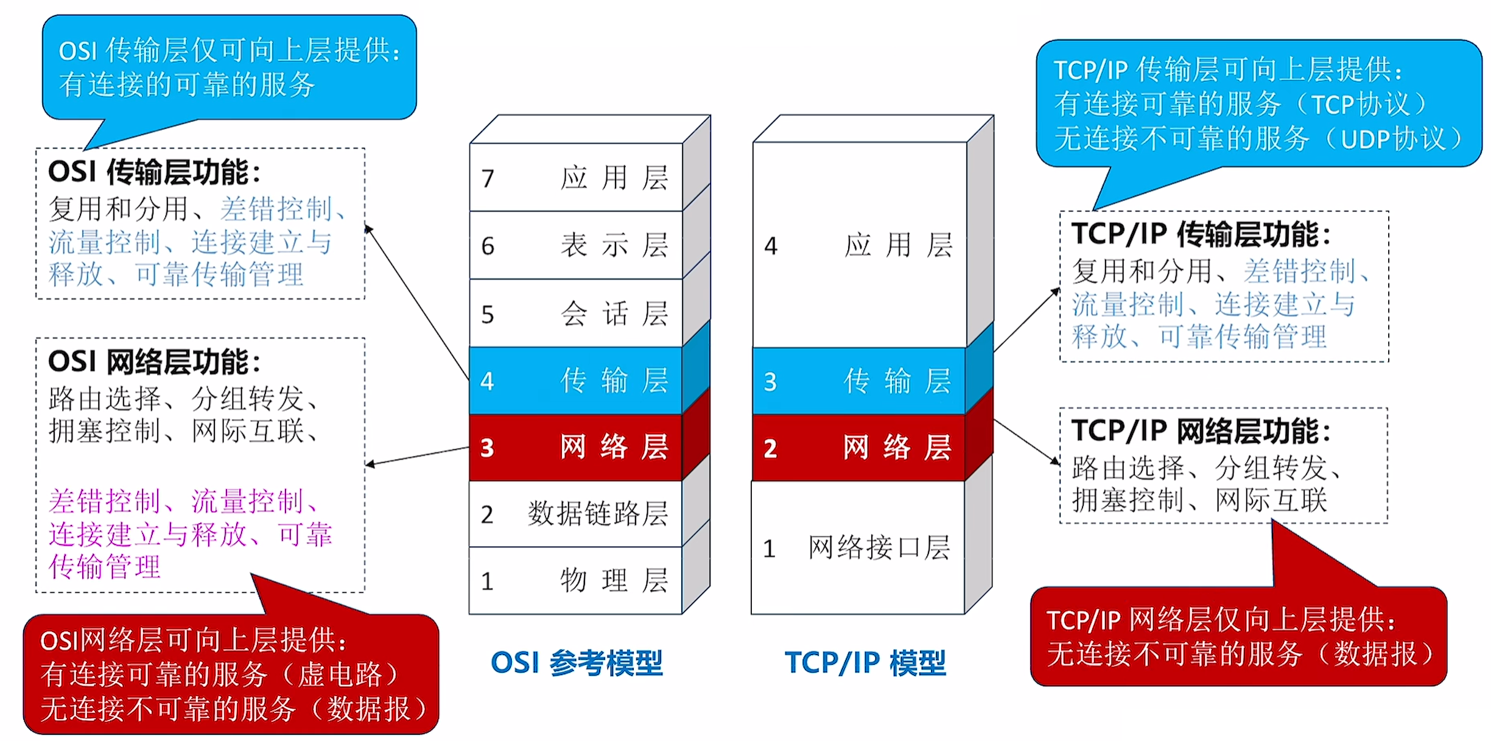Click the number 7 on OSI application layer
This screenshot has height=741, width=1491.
pos(488,178)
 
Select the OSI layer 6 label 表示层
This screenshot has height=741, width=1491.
pos(614,245)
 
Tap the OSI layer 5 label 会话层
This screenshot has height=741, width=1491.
pos(614,314)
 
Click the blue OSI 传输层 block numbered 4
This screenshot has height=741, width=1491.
pos(575,381)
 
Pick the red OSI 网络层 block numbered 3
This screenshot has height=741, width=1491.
pos(575,448)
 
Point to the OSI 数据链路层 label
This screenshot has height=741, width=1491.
pos(598,514)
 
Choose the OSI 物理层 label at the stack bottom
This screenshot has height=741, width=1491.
pos(614,580)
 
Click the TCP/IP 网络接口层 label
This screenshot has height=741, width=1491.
pos(879,547)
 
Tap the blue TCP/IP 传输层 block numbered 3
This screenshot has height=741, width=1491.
pos(858,381)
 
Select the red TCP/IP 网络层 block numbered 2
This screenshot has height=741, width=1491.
pos(858,448)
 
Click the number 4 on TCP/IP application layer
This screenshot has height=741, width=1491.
pos(771,246)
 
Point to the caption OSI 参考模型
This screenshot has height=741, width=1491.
pos(577,662)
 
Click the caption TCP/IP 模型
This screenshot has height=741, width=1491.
pos(865,662)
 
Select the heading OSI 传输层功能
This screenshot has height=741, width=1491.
pos(154,172)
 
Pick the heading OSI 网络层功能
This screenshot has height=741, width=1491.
pos(154,362)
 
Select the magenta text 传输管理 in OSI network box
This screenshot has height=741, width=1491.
pos(105,567)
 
